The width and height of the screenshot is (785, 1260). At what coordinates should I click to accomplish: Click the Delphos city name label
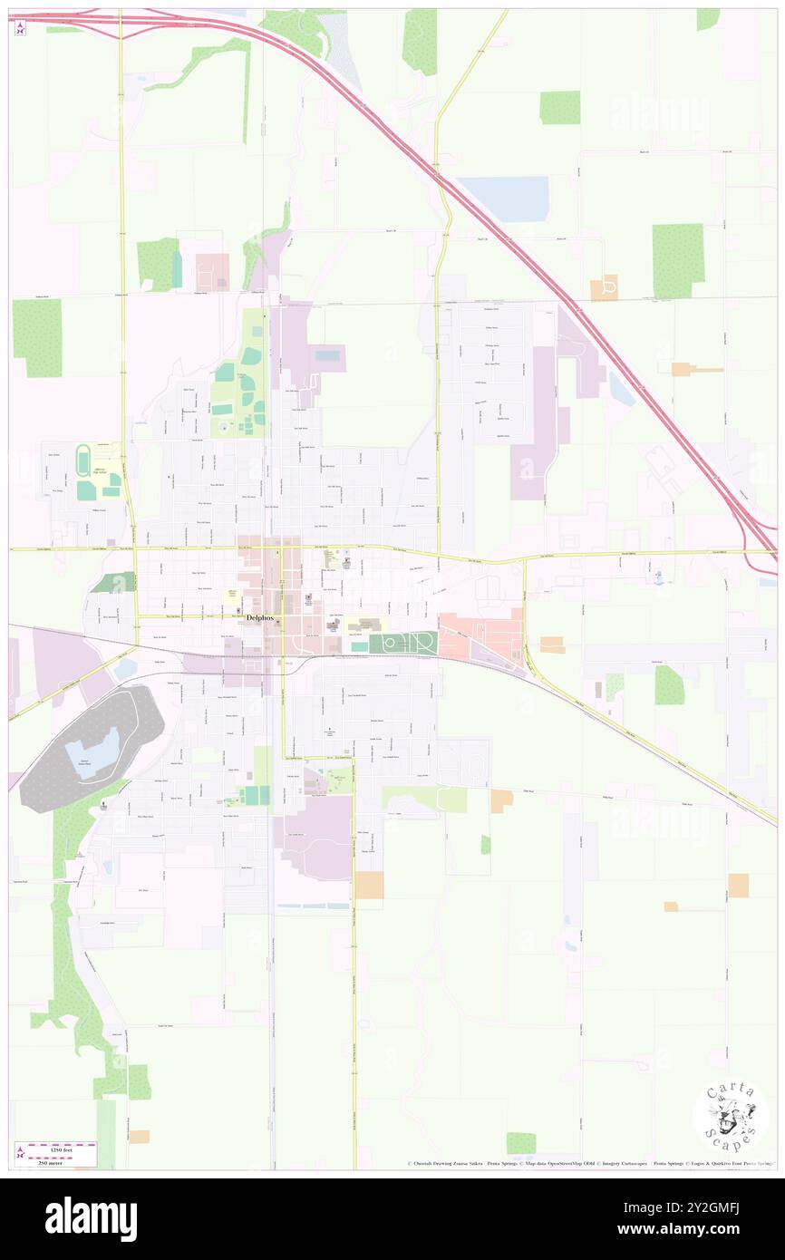pos(263,619)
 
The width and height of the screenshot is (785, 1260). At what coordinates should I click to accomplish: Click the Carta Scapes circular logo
pos(731,1115)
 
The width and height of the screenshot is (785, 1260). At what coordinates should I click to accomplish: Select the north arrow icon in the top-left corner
pos(20,28)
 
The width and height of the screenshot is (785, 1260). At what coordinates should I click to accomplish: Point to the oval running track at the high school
pos(84,460)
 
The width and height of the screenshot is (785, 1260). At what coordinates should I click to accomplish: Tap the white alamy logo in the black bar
pos(91,1218)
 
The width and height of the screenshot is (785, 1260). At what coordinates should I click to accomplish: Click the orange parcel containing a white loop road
pos(604,288)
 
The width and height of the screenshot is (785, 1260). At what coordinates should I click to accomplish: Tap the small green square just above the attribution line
pos(520,1143)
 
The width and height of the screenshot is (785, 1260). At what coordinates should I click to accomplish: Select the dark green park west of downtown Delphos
pos(114,583)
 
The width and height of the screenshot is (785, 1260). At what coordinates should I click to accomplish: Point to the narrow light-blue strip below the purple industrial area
pos(313,906)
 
